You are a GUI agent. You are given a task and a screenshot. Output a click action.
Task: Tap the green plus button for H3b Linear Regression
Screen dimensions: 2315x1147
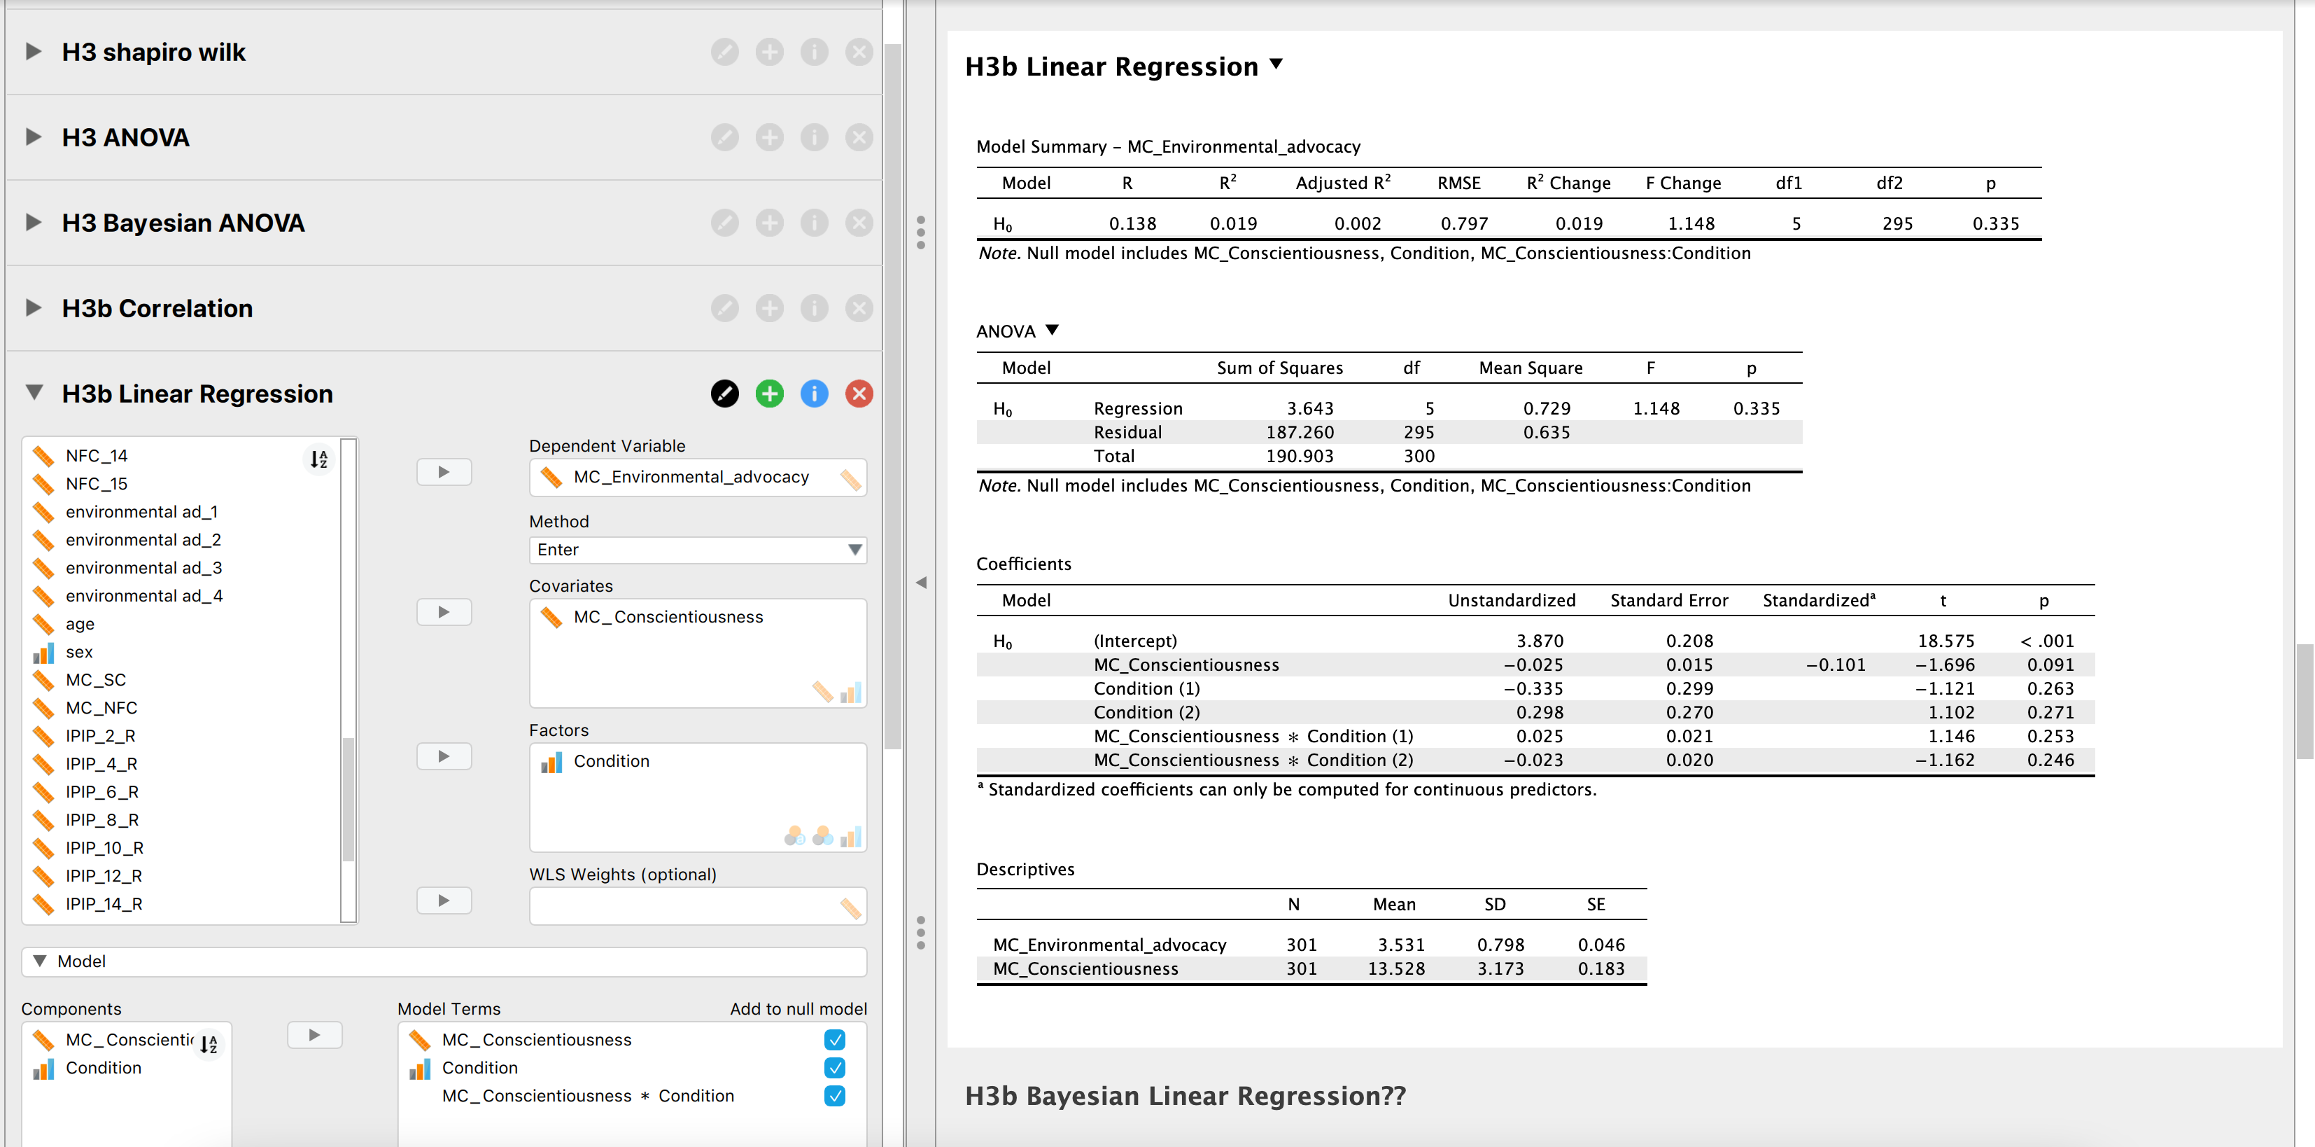pyautogui.click(x=769, y=394)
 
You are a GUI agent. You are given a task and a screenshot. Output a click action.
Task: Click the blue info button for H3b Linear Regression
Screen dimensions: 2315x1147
pyautogui.click(x=814, y=394)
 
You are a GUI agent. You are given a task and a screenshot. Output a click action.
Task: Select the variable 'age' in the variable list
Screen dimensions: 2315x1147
pyautogui.click(x=80, y=624)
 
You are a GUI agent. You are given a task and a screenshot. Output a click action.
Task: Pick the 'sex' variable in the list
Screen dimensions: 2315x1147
pyautogui.click(x=79, y=652)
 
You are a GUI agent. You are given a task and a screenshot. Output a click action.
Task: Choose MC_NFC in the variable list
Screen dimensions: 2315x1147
pyautogui.click(x=101, y=707)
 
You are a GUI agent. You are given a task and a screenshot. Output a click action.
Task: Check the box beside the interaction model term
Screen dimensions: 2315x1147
pyautogui.click(x=834, y=1096)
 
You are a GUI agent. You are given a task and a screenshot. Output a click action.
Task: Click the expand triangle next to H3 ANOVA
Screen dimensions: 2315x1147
pyautogui.click(x=34, y=137)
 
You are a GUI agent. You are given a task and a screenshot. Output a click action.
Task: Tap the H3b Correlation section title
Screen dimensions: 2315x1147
pyautogui.click(x=157, y=308)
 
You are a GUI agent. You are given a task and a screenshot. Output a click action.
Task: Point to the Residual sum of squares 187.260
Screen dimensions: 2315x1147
pyautogui.click(x=1300, y=432)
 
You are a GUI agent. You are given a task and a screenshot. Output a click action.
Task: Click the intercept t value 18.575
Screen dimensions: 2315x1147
pyautogui.click(x=1945, y=641)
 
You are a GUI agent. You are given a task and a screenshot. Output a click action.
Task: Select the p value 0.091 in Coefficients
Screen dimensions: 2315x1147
pyautogui.click(x=2050, y=665)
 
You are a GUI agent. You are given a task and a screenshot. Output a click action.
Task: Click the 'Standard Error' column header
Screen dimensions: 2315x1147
pyautogui.click(x=1669, y=601)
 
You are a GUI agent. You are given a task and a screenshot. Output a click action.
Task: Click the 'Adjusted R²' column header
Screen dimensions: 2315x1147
pyautogui.click(x=1343, y=183)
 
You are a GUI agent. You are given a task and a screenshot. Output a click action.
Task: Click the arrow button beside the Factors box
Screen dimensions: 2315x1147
pyautogui.click(x=444, y=756)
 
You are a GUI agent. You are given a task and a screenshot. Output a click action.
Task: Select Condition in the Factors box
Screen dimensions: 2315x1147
pyautogui.click(x=611, y=761)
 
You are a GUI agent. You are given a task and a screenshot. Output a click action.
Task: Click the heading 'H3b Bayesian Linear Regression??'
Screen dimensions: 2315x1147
pyautogui.click(x=1185, y=1097)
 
